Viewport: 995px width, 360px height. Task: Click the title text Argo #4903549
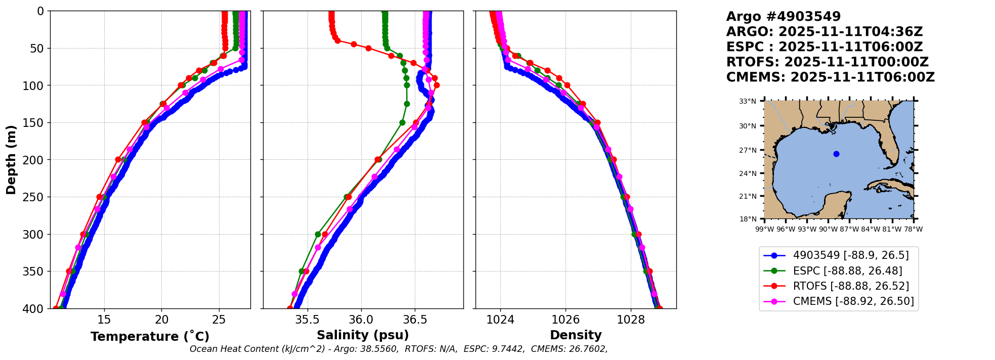point(783,17)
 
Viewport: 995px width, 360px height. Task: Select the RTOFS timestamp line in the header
point(827,62)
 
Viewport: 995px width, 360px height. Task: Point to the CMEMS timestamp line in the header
point(830,77)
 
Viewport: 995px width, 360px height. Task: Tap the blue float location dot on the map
point(836,154)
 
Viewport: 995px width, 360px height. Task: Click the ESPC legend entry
point(847,271)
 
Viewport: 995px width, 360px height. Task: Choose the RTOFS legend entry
point(851,286)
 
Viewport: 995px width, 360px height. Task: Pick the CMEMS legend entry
point(853,301)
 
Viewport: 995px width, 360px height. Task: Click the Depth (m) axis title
point(11,160)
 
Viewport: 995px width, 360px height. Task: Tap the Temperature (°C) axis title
point(150,337)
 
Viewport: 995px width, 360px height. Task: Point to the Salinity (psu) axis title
point(363,335)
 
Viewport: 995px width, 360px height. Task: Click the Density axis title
point(576,335)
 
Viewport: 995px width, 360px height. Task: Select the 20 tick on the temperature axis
point(161,320)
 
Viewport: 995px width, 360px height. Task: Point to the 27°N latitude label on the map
point(748,150)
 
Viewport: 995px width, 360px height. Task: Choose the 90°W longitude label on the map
point(828,229)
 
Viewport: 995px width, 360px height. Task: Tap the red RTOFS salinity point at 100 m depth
point(437,85)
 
